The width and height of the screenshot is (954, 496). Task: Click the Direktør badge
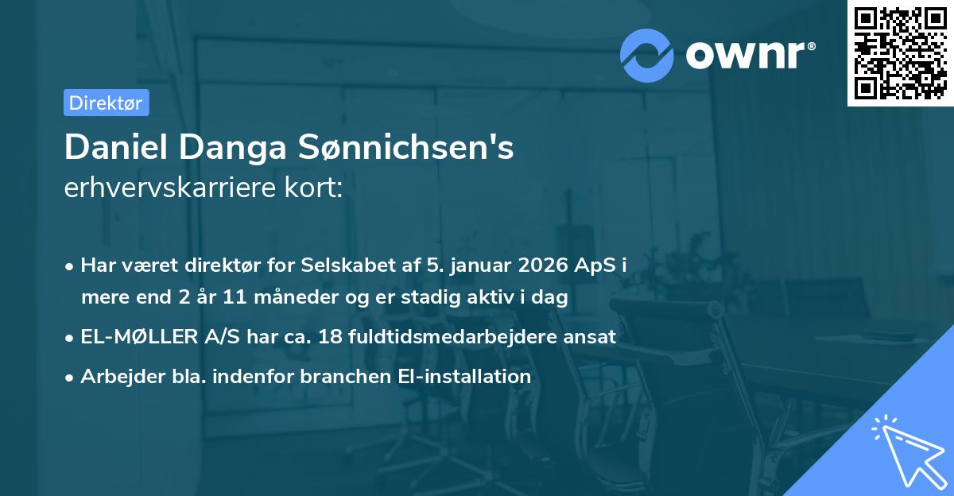click(x=106, y=103)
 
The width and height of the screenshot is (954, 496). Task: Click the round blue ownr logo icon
click(x=647, y=55)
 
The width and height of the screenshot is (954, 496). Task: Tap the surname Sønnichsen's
click(x=405, y=147)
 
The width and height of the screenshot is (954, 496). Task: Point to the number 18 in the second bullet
click(x=329, y=337)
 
